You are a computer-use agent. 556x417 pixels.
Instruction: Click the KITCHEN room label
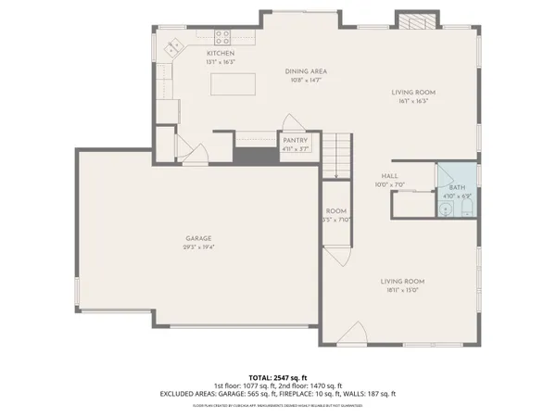221,54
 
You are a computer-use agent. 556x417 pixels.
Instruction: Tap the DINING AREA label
306,71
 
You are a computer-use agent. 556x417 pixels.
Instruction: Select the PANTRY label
296,140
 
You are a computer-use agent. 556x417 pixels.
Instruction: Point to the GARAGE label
196,238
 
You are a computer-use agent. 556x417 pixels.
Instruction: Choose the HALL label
390,175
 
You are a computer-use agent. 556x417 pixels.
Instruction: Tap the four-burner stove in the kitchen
222,37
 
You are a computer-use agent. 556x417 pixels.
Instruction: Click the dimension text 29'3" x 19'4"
196,247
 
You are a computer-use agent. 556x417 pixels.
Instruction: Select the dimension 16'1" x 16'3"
411,101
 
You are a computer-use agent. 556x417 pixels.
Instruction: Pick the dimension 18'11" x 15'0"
401,290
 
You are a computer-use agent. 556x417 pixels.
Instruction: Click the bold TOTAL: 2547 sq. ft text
278,378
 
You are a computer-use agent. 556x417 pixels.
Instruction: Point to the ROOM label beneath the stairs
335,211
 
